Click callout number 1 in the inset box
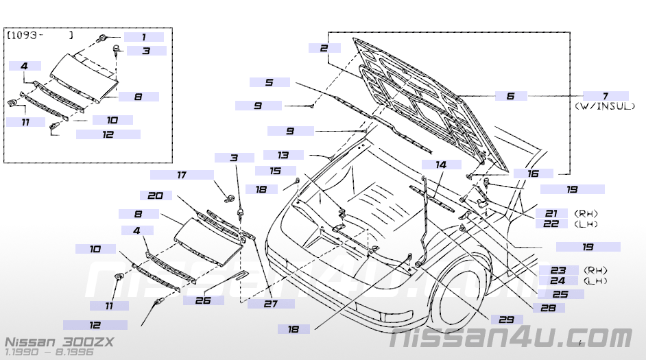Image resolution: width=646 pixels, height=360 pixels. tap(144, 37)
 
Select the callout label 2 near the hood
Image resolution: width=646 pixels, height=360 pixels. tap(324, 48)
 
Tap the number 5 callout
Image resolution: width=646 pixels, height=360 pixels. tap(270, 82)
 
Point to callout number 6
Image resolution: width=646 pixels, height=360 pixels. tap(511, 96)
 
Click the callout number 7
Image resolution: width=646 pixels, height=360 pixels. tap(606, 96)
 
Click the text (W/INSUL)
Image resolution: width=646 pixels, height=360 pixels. tap(605, 106)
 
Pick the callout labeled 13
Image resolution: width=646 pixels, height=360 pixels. tap(283, 155)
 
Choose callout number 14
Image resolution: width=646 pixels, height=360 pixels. tap(441, 165)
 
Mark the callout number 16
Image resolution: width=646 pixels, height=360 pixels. tap(533, 173)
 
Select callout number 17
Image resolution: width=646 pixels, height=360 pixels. tap(182, 175)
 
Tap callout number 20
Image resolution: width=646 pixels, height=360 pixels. tap(155, 195)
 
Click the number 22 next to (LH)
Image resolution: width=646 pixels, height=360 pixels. tap(551, 224)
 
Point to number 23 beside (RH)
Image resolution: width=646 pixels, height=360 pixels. tap(558, 270)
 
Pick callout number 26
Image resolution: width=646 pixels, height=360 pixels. tap(203, 300)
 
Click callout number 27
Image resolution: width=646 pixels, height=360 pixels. tap(271, 304)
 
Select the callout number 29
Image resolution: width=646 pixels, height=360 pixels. tap(506, 320)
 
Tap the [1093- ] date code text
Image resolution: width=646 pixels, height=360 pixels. tap(40, 36)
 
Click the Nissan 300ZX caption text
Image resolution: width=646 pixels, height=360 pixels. tap(60, 342)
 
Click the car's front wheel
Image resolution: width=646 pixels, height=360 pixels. tap(462, 296)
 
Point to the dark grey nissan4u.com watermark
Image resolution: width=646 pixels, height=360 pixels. tap(511, 338)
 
